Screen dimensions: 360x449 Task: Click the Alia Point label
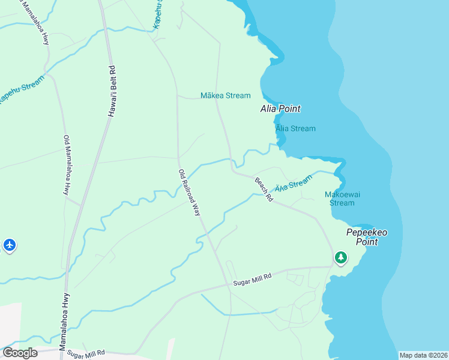pos(280,109)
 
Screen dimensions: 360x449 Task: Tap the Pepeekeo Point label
pos(366,236)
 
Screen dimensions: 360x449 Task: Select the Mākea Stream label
pos(225,95)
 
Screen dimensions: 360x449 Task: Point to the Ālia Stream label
pos(295,128)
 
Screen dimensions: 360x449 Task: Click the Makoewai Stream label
pos(342,199)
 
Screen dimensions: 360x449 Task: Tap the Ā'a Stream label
pos(294,184)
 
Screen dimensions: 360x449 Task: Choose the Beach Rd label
pos(264,189)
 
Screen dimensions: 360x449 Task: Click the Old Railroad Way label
pos(189,192)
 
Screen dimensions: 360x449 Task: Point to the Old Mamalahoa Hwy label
pos(67,164)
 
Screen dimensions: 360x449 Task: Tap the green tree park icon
pos(341,257)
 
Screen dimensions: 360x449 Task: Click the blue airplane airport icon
pos(9,245)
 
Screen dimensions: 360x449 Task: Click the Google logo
pos(20,353)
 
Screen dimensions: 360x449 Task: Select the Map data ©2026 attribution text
pos(423,355)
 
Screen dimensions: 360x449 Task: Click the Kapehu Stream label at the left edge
pos(21,89)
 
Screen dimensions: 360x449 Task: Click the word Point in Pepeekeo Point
pos(366,242)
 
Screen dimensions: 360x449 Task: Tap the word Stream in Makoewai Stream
pos(342,203)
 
